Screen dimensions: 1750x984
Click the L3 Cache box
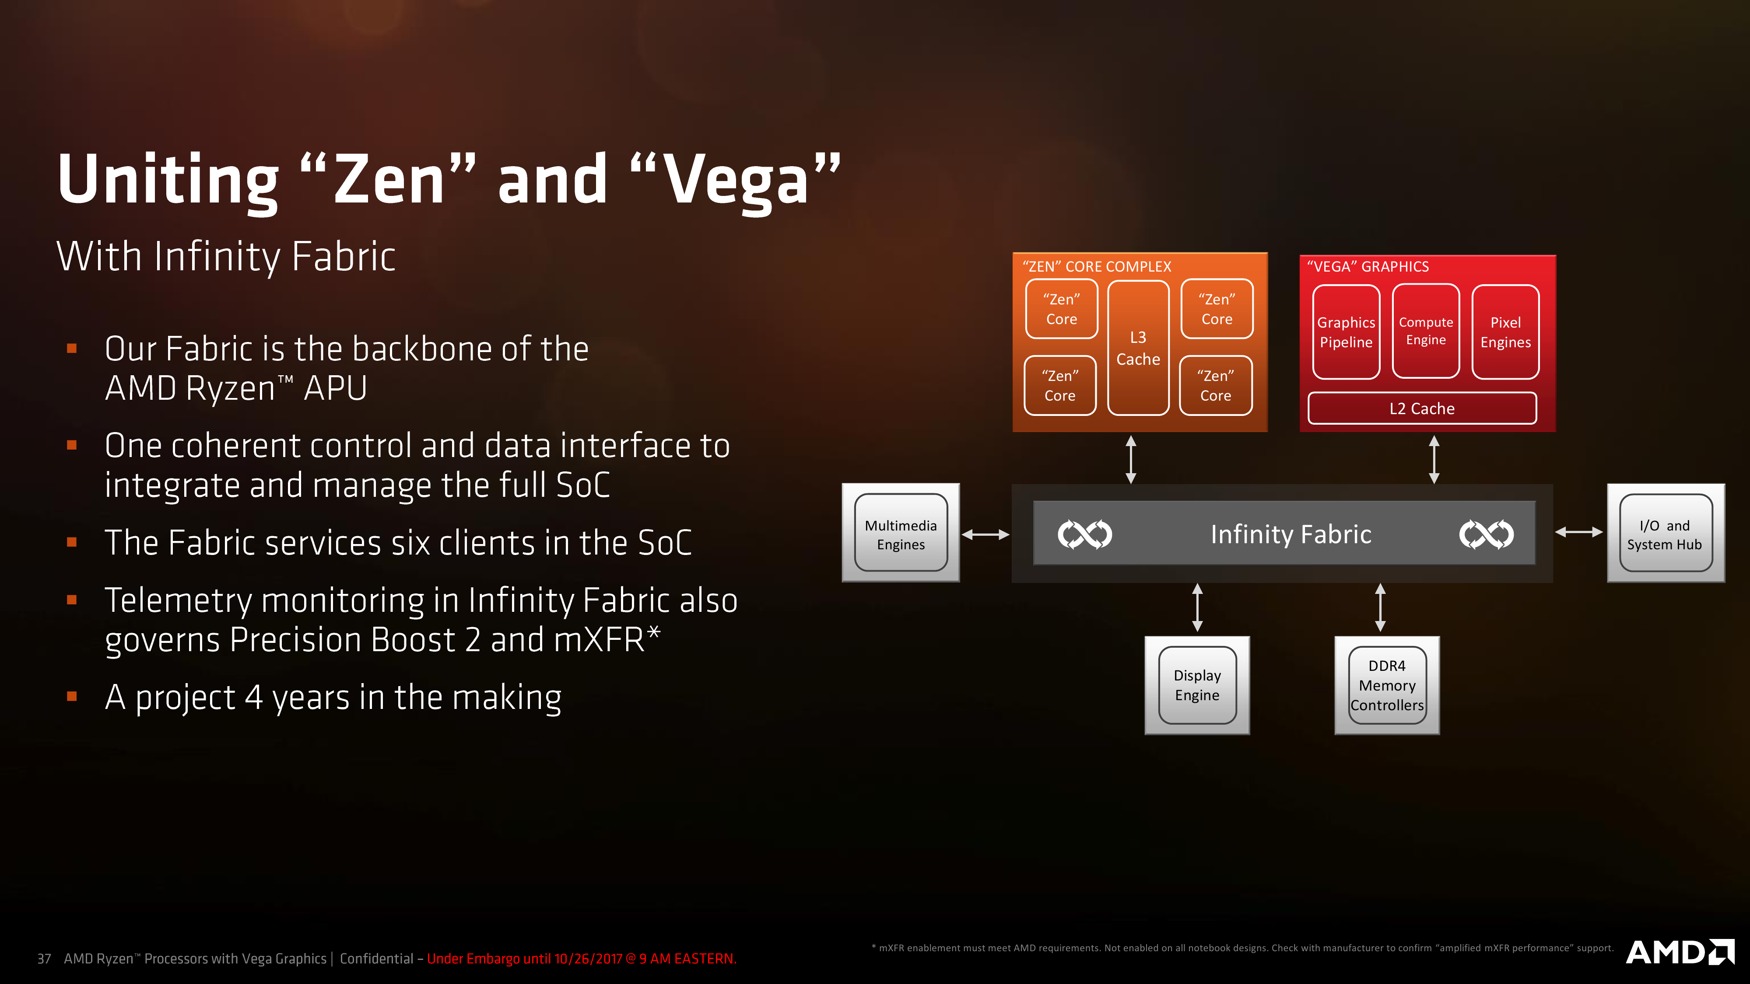1138,348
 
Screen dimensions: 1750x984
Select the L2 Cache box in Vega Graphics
1422,408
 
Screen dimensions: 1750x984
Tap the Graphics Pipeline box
1346,332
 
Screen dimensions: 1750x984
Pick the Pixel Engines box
1505,332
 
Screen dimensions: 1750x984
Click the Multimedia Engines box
901,533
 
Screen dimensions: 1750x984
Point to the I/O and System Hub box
1666,533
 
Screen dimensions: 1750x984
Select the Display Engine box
1197,685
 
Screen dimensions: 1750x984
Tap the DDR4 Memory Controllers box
1386,685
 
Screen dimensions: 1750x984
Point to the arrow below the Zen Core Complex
1131,460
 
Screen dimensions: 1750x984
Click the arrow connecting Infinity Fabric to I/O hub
1579,532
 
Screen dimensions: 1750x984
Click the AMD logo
1680,952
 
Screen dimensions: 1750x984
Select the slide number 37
44,959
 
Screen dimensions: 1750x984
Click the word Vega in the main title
736,179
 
